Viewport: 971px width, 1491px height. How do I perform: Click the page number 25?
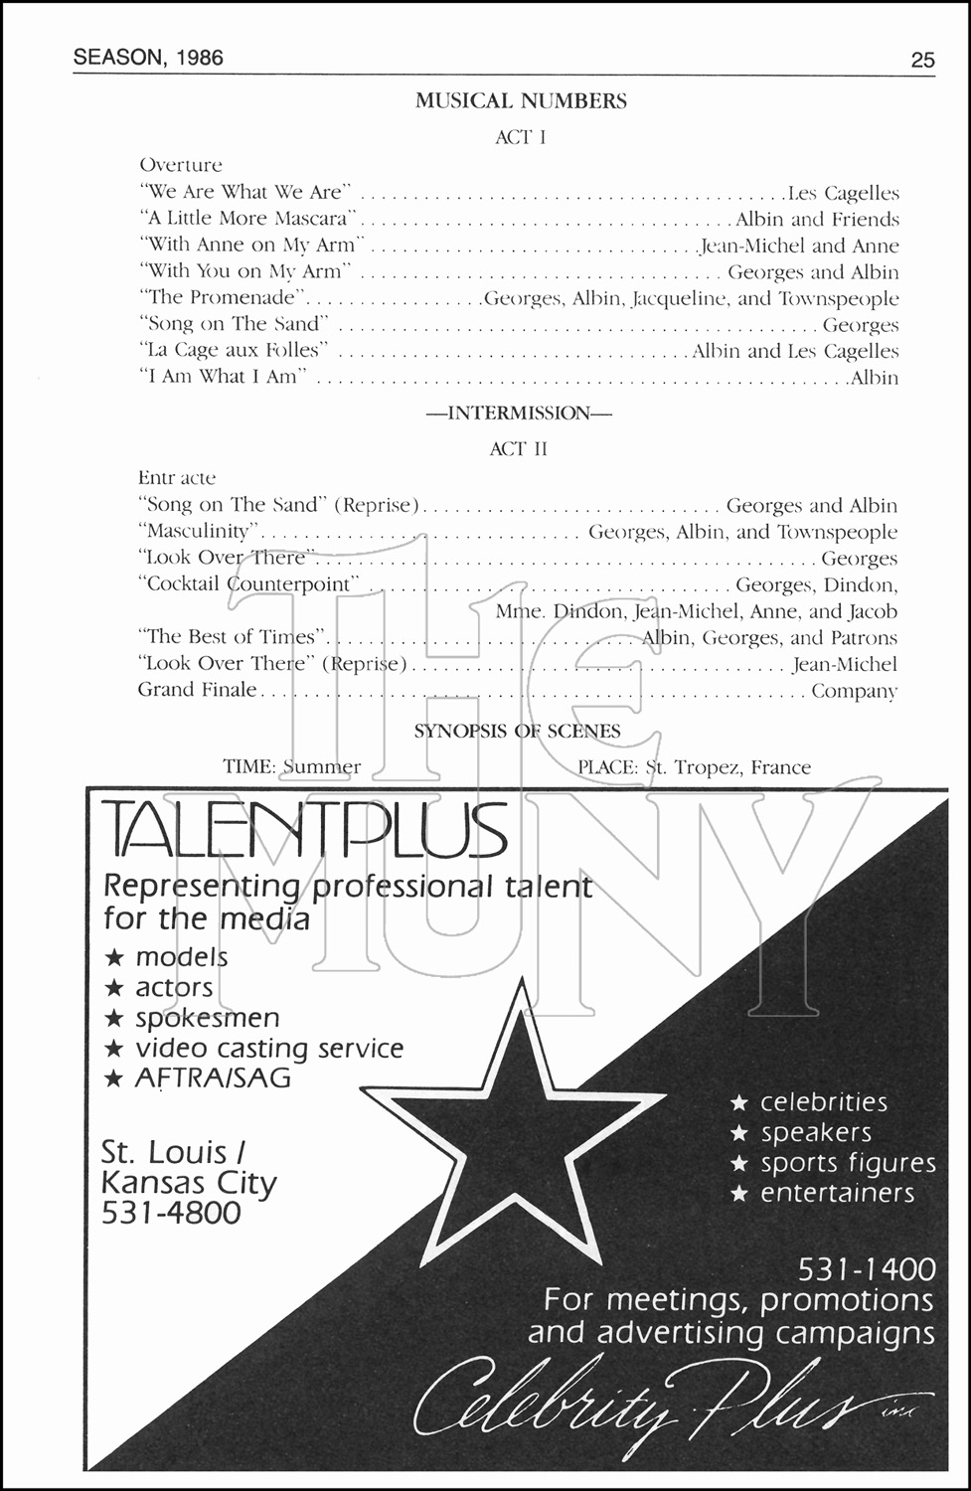pos(922,61)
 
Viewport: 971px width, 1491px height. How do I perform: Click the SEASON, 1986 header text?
pos(148,58)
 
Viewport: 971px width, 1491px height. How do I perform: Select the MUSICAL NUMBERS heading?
pos(521,101)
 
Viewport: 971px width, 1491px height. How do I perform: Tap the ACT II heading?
pos(519,449)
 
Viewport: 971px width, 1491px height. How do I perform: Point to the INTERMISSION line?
pos(519,414)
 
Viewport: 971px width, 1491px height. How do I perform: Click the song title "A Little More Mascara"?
pos(248,219)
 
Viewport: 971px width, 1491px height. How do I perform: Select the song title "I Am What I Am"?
pos(223,377)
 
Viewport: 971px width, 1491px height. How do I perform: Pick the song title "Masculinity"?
pos(199,531)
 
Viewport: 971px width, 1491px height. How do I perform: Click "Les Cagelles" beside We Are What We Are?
pos(843,193)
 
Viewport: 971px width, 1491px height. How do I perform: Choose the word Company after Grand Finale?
pos(854,691)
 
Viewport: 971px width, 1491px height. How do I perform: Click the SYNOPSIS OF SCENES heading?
pos(517,732)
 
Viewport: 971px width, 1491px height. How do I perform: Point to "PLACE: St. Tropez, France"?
pos(694,767)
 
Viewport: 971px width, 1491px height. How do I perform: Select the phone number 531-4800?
pos(171,1212)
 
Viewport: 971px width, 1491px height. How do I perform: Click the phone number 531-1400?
pos(867,1269)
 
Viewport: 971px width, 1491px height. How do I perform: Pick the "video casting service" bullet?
pos(269,1049)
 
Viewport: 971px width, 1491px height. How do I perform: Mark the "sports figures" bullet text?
pos(849,1163)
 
